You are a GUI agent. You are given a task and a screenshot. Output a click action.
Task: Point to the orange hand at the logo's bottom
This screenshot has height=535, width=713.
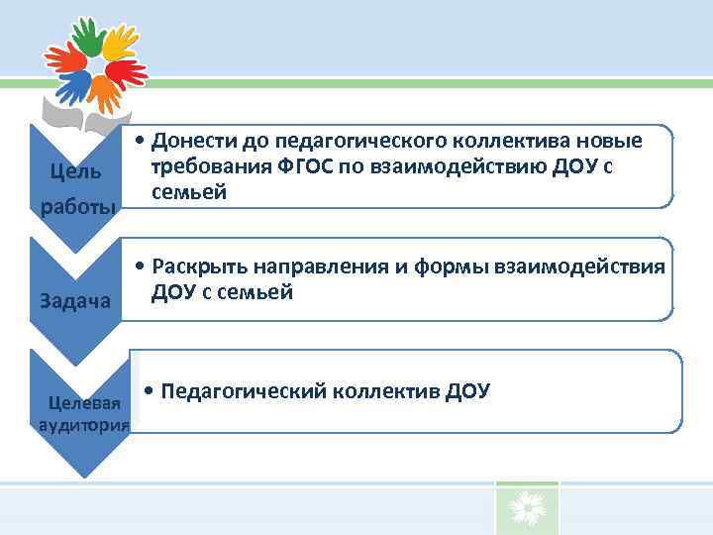[103, 92]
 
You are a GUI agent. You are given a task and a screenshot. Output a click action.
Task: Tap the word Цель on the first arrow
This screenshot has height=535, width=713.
[74, 172]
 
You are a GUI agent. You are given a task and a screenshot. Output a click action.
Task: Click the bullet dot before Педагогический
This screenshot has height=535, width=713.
[148, 390]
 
